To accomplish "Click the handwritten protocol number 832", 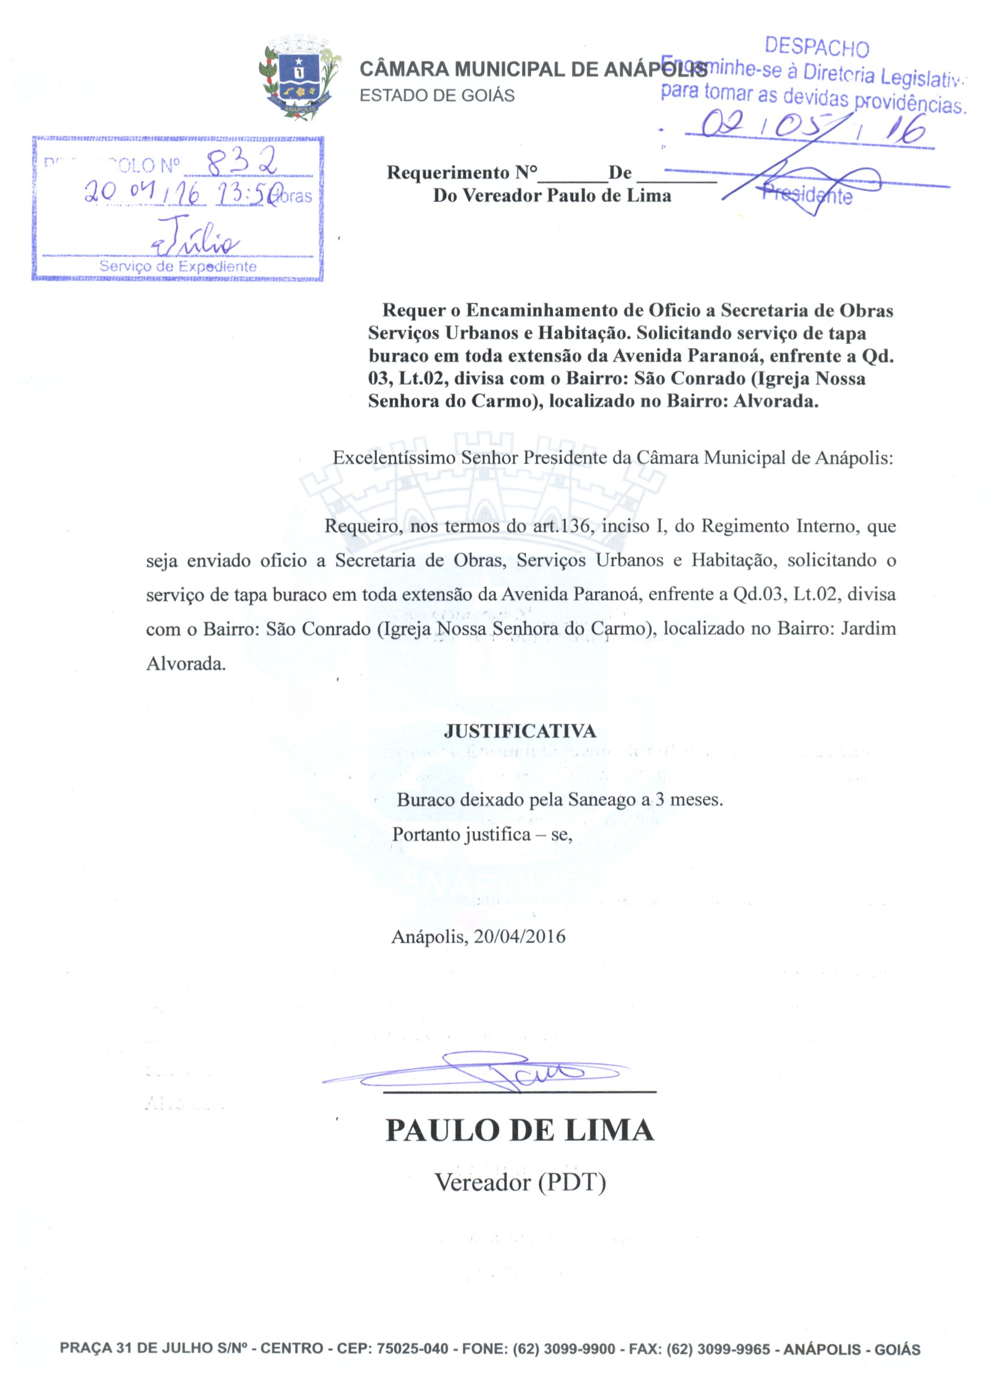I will click(x=241, y=163).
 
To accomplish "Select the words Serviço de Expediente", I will click(x=178, y=267).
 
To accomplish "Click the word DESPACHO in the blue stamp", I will click(x=817, y=47).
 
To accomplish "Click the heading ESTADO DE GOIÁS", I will click(x=437, y=96).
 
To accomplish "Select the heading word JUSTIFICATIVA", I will click(x=520, y=731).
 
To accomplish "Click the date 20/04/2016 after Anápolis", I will click(x=520, y=936).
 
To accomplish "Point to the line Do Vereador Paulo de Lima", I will click(x=552, y=196).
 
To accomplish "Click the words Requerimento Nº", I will click(x=462, y=173).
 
